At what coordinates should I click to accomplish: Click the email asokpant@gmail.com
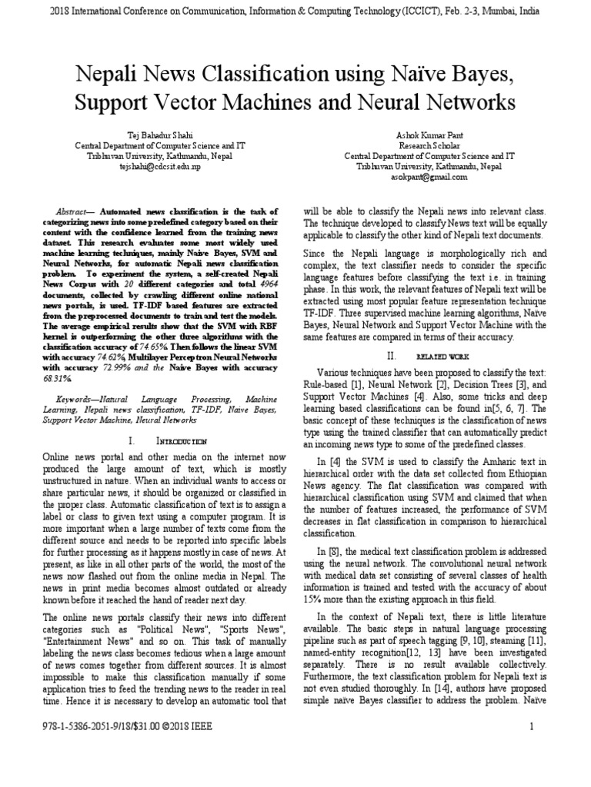[x=439, y=176]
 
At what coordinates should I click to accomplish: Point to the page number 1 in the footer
[x=531, y=726]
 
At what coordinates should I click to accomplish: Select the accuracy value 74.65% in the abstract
[x=175, y=346]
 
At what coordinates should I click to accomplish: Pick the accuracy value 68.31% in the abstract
[x=72, y=379]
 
